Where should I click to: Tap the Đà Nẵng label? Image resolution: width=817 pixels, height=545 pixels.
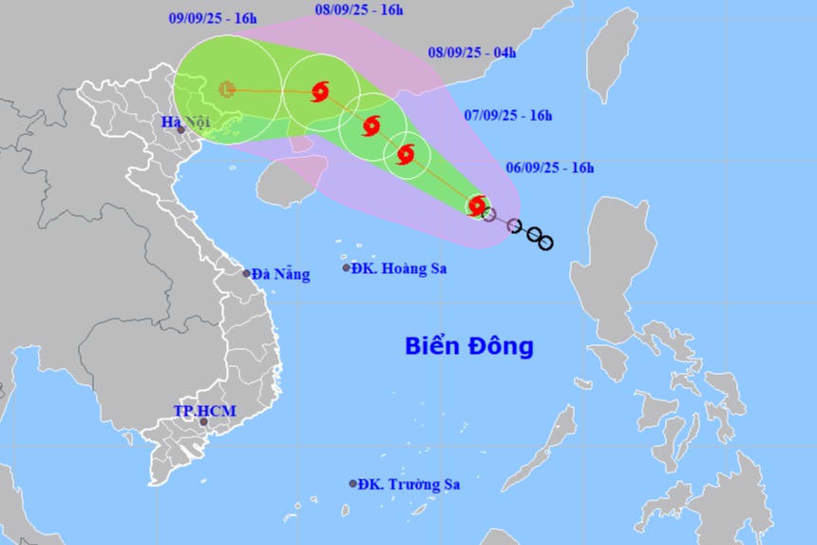point(280,274)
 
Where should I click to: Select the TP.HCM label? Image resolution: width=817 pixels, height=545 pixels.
point(204,410)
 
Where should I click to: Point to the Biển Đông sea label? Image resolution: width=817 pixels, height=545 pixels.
point(469,345)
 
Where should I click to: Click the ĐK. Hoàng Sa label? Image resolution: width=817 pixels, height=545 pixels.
point(399,268)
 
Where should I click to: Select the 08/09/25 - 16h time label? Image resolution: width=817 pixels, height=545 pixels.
point(359,10)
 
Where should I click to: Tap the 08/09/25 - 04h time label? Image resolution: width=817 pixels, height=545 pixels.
point(472,52)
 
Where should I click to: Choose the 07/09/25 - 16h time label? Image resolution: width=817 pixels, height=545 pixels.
point(508,115)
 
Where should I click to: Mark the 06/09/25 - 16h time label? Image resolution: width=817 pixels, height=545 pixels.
point(550,168)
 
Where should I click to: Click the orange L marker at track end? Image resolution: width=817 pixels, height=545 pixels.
point(227,89)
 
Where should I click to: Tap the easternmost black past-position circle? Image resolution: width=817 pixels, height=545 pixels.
point(545,243)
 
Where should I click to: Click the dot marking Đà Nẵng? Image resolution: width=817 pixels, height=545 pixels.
point(246,274)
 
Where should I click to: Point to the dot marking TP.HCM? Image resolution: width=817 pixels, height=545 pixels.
point(203,421)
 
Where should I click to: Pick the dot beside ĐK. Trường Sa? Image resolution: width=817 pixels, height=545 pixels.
point(353,484)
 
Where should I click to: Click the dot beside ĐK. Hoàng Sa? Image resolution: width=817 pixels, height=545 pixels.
point(347,268)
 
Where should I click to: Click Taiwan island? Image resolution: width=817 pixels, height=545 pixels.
point(612,52)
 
